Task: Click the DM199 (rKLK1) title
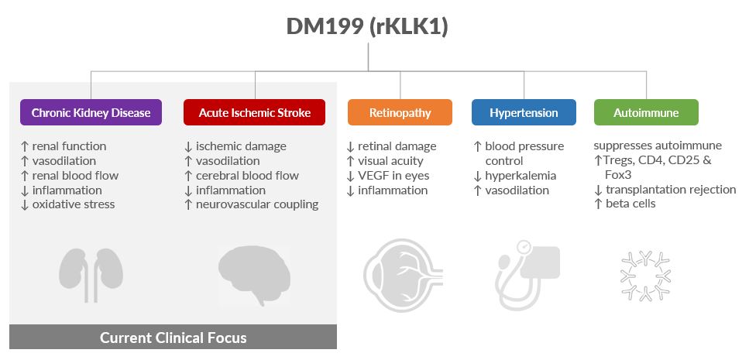[367, 26]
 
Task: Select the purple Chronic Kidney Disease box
[91, 112]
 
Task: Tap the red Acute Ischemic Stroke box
[255, 112]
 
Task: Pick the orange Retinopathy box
[400, 112]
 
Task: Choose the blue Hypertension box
[524, 112]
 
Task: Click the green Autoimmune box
[646, 112]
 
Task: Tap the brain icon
[255, 276]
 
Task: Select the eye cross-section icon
[404, 276]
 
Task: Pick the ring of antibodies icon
[646, 276]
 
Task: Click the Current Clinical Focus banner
[173, 338]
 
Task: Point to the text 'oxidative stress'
[74, 204]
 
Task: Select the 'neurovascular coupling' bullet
[257, 204]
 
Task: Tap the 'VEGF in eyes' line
[393, 175]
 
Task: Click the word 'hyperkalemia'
[521, 175]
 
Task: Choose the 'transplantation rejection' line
[671, 190]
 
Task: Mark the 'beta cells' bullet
[630, 204]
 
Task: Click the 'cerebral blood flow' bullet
[247, 175]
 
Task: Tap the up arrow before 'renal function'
[26, 146]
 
